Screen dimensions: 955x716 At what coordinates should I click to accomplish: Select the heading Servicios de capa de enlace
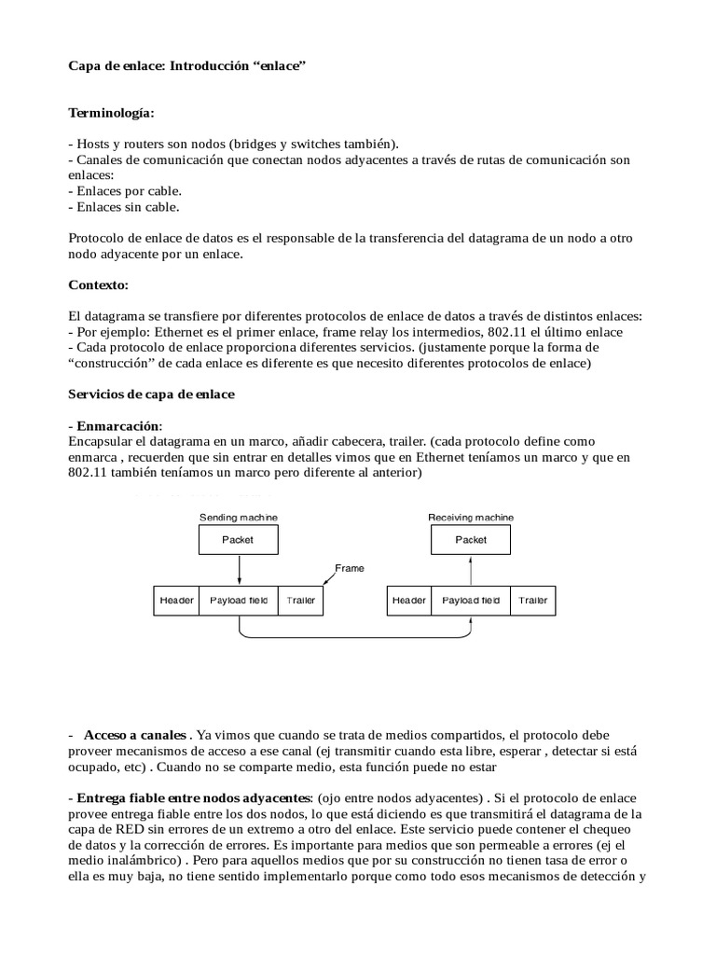152,394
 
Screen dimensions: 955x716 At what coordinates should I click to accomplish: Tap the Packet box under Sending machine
239,539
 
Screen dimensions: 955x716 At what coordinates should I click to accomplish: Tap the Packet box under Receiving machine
470,539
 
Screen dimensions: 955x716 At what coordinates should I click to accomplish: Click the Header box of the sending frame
176,601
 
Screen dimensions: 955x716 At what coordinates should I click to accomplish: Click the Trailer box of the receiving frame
533,601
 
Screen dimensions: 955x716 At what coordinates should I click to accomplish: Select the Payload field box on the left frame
239,601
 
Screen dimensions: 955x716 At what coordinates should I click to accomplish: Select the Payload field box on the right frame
470,601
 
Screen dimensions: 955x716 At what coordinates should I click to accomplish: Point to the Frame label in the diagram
351,567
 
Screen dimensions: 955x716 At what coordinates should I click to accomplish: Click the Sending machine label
239,518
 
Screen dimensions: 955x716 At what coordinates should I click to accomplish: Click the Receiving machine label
470,518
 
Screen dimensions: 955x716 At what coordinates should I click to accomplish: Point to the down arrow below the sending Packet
239,569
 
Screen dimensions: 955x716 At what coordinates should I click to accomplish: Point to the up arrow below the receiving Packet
470,569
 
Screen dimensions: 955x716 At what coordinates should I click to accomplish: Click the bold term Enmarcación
112,425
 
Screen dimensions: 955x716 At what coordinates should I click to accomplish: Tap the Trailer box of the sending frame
301,601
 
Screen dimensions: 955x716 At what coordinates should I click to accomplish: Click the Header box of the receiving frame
408,601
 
